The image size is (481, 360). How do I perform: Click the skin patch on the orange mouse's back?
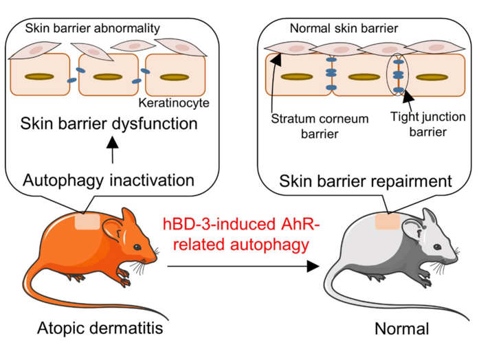pos(87,222)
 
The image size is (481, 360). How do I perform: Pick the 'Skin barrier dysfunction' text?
pos(109,124)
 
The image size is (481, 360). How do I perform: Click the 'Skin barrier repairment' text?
pos(366,181)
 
